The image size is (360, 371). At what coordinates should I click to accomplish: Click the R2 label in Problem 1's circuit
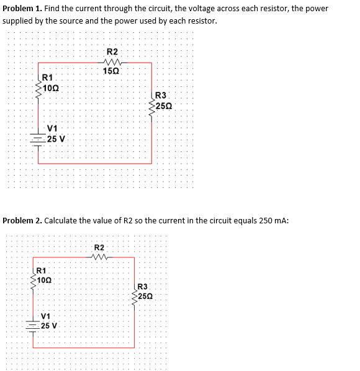[x=112, y=51]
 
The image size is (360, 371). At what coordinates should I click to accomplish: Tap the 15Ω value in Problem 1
[x=112, y=72]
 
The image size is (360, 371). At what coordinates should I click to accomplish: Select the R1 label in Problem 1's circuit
[x=47, y=78]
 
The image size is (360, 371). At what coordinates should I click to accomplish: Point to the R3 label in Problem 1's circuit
[x=160, y=96]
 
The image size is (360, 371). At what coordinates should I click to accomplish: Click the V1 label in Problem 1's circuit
[x=53, y=130]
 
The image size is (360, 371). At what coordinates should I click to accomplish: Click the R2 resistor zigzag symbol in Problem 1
[x=113, y=62]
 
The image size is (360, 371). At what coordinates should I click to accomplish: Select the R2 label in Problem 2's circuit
[x=99, y=248]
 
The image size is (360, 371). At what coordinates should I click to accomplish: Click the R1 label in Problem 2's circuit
[x=40, y=270]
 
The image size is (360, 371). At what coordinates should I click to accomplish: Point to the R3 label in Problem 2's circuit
[x=142, y=287]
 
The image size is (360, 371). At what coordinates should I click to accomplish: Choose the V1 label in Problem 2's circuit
[x=46, y=316]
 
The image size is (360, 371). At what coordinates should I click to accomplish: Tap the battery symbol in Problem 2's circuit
[x=31, y=324]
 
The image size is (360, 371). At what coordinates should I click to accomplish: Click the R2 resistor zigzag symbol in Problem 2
[x=99, y=257]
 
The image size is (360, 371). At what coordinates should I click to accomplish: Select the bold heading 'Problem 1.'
[x=22, y=9]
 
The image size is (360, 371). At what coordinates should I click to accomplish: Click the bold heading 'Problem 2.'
[x=23, y=220]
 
